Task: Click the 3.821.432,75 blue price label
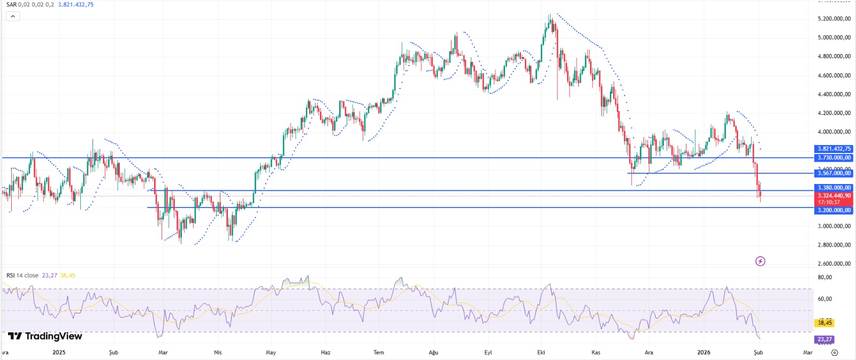tap(834, 149)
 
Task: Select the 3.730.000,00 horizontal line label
tap(834, 158)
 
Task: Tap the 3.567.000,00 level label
tap(834, 173)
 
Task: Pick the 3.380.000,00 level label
tap(834, 188)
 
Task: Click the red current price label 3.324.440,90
tap(834, 196)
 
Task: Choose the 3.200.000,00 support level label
tap(834, 210)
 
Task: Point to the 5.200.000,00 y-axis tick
tap(834, 19)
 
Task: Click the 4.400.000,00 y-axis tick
tap(834, 94)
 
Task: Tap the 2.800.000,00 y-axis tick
tap(834, 245)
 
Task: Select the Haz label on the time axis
tap(325, 353)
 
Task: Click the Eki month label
tap(541, 353)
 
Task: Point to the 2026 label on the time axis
tap(704, 353)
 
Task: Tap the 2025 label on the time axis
tap(59, 353)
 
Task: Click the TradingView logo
tap(45, 336)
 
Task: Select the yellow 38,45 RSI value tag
tap(824, 323)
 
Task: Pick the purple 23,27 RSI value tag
tap(824, 339)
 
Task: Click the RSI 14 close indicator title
tap(22, 275)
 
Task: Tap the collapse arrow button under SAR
tap(12, 16)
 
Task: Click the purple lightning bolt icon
tap(760, 261)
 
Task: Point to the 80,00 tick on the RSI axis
tap(824, 277)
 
